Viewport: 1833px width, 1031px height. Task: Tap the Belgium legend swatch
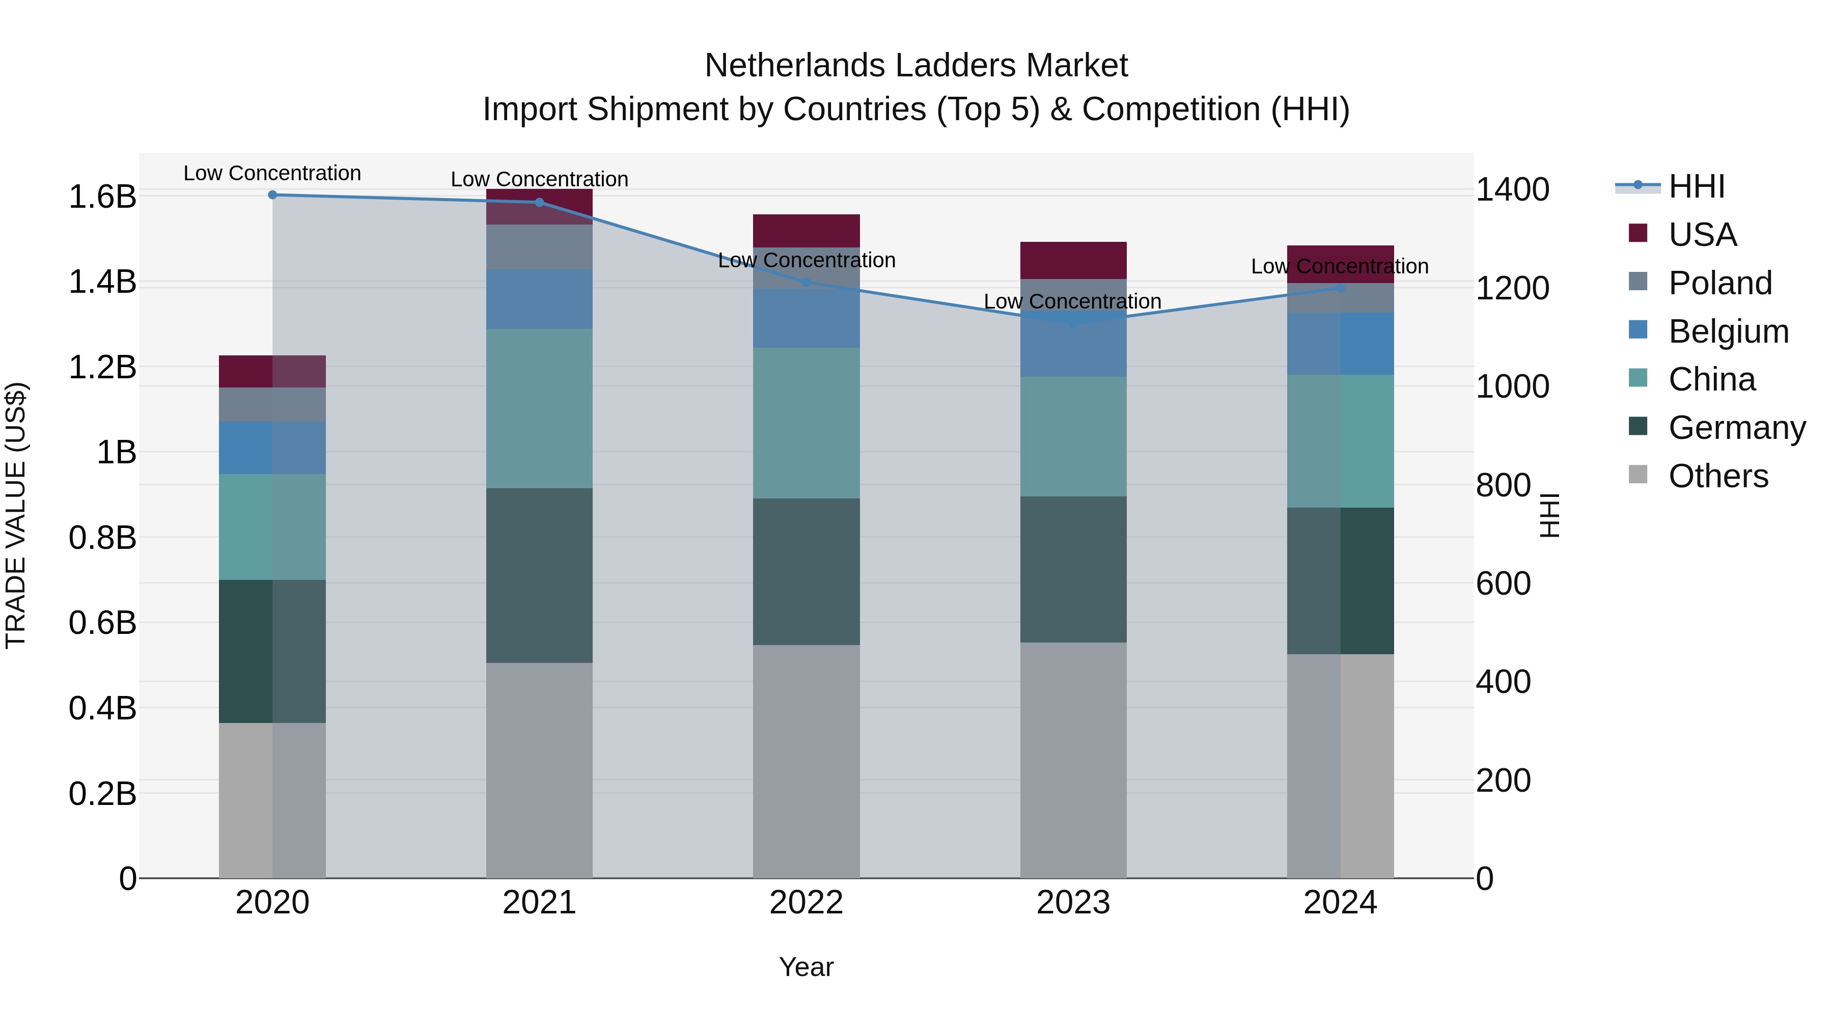coord(1637,329)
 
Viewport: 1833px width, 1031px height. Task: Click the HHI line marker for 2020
coord(272,194)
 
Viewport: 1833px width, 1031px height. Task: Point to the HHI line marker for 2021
coord(539,202)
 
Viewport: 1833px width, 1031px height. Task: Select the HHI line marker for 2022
coord(806,283)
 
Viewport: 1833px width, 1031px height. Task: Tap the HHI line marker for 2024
coord(1340,288)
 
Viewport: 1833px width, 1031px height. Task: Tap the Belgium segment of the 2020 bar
coord(272,448)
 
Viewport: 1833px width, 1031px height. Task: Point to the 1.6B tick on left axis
coord(102,197)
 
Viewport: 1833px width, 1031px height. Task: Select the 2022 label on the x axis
coord(806,903)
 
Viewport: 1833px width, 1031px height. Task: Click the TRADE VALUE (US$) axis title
coord(16,515)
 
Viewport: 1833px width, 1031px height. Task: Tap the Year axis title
coord(806,967)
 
